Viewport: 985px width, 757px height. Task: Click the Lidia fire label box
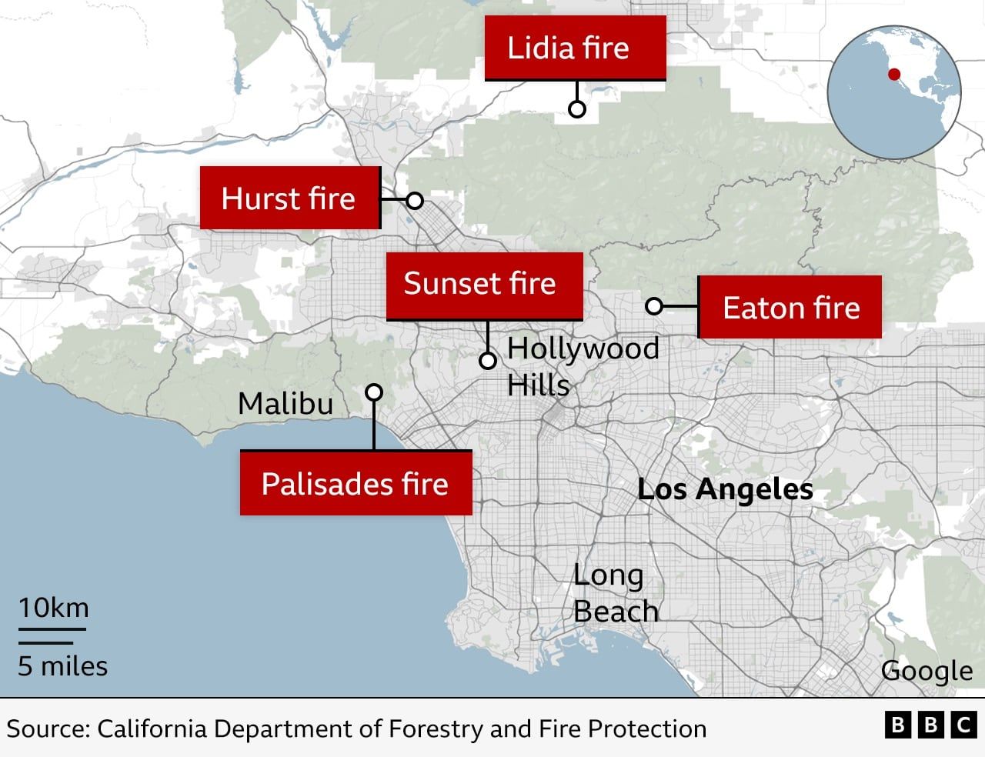[x=575, y=48]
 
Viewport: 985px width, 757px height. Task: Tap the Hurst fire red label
[x=290, y=198]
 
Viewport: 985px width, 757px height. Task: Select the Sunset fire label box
[x=484, y=284]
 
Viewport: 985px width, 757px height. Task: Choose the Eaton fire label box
[x=790, y=308]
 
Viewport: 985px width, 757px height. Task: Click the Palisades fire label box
[x=356, y=483]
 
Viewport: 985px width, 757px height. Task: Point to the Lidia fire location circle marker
[x=576, y=109]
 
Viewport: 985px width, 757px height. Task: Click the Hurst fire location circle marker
[x=415, y=201]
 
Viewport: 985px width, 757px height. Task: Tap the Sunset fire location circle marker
[x=488, y=360]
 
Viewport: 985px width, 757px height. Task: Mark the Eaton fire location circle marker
[x=653, y=306]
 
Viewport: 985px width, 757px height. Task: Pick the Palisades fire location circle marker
[x=374, y=392]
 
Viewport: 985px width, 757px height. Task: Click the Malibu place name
[x=285, y=403]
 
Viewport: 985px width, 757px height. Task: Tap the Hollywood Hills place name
[x=582, y=366]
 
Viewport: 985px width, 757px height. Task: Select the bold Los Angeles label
[x=725, y=489]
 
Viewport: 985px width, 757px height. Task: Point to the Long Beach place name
[x=615, y=593]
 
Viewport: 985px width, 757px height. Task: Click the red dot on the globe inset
[x=893, y=75]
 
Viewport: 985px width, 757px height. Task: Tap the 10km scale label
[x=54, y=608]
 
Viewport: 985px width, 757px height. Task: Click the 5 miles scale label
[x=62, y=665]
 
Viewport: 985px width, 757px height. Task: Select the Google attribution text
[x=927, y=671]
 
